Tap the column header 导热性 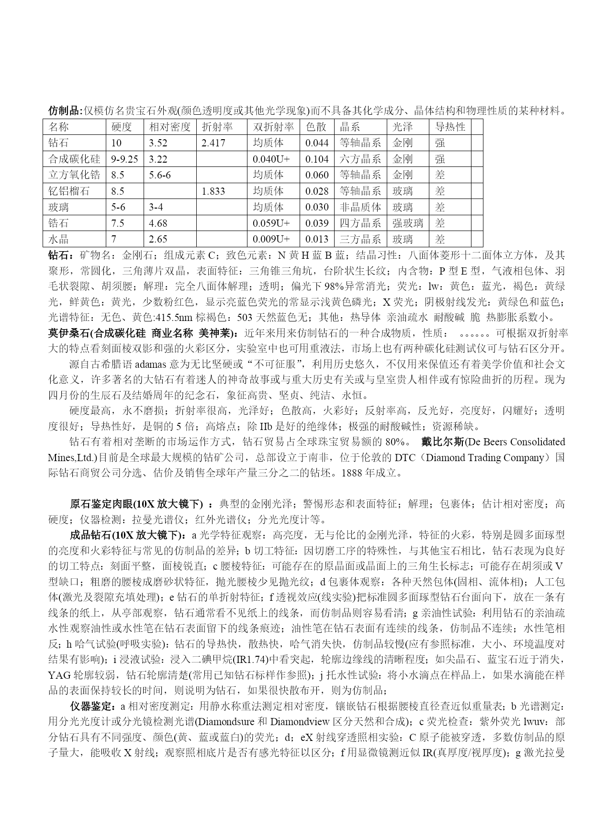(x=450, y=127)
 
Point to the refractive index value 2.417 (x=213, y=143)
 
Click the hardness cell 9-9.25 (x=124, y=159)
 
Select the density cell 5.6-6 (x=160, y=175)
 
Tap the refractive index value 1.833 (x=213, y=191)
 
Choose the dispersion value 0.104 (x=317, y=159)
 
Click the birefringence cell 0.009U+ (x=271, y=239)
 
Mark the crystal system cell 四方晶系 (x=360, y=223)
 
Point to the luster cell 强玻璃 (x=408, y=223)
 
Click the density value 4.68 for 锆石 (x=158, y=223)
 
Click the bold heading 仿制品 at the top (x=64, y=111)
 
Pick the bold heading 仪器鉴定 (x=91, y=706)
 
